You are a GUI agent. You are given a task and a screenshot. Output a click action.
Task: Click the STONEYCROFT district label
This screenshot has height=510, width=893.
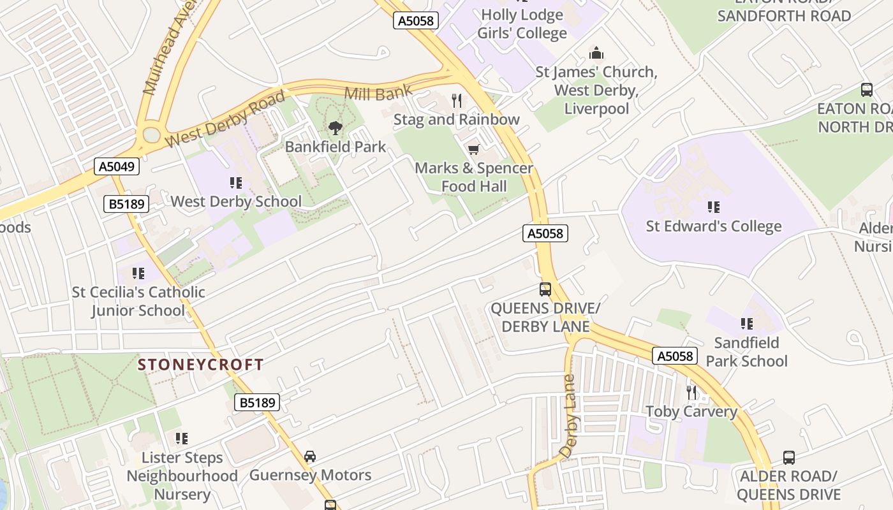(x=201, y=365)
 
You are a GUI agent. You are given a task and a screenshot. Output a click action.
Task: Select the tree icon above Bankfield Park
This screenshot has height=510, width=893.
(x=335, y=128)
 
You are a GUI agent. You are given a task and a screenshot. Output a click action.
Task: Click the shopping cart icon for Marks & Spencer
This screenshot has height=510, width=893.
(x=473, y=150)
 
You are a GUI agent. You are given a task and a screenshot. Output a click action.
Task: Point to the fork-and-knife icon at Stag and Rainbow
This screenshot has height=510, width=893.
(x=457, y=100)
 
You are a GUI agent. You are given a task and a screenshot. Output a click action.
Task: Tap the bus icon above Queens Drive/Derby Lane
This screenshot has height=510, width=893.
(x=545, y=289)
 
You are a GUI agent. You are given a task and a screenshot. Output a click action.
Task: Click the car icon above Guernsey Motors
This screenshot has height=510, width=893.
(x=310, y=456)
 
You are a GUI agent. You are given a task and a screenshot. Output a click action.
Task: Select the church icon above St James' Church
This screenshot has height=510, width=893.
(x=596, y=53)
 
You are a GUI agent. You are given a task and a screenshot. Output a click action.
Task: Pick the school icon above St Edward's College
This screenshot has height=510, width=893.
(x=713, y=207)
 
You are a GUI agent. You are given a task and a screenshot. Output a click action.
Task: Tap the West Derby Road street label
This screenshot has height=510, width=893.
(x=225, y=119)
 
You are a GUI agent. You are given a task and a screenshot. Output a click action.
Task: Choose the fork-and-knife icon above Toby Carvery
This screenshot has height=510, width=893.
(x=691, y=392)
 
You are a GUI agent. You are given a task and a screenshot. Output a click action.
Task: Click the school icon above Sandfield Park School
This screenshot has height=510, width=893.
(x=746, y=324)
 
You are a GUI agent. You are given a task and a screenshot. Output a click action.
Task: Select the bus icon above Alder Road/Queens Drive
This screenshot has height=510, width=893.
(x=789, y=457)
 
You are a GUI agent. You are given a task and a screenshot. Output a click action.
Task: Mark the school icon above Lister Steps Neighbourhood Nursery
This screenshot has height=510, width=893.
(x=182, y=439)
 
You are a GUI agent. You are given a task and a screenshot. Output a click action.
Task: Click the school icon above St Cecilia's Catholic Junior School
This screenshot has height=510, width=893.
(x=138, y=273)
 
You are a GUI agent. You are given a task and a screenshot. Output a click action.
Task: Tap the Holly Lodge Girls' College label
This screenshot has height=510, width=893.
(x=523, y=24)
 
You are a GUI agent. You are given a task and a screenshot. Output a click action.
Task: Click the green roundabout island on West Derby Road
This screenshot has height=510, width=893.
(x=152, y=135)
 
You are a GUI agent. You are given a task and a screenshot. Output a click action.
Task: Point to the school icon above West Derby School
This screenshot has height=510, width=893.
(x=236, y=183)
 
